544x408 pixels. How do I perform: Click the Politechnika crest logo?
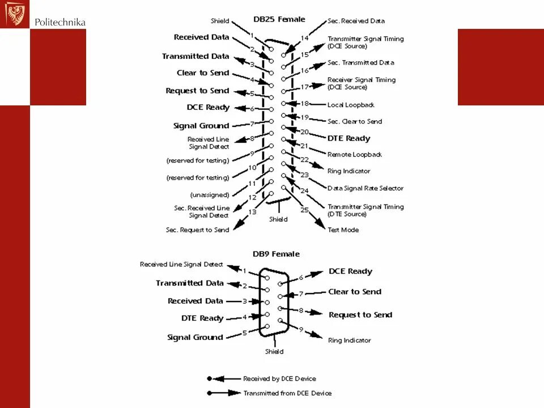(15, 14)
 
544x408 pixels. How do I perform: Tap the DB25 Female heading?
(279, 19)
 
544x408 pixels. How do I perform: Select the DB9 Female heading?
(276, 254)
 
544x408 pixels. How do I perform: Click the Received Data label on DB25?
(201, 37)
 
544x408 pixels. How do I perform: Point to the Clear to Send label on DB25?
(203, 73)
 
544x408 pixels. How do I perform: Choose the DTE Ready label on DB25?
(348, 138)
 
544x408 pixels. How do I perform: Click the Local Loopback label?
(351, 105)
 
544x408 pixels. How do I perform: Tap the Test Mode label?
(343, 230)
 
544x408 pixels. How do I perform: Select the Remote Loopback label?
(354, 155)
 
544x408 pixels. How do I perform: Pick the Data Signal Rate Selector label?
(365, 188)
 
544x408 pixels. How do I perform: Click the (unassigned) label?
(210, 195)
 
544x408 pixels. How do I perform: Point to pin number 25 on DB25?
(304, 210)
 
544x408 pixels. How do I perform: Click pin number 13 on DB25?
(252, 212)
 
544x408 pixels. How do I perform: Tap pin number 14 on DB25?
(304, 39)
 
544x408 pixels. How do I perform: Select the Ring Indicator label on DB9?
(349, 341)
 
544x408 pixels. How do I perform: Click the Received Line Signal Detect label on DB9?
(181, 265)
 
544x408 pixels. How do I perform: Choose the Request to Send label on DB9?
(360, 315)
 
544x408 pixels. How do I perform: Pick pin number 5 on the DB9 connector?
(245, 333)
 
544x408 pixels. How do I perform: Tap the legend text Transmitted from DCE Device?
(287, 393)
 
